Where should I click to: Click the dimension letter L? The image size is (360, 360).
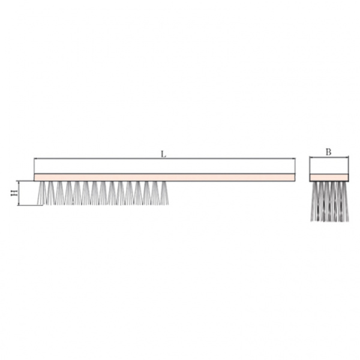point(163,154)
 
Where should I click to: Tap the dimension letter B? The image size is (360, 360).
point(329,152)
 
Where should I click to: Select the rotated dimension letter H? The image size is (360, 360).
point(14,193)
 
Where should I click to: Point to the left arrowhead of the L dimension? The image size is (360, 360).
point(36,158)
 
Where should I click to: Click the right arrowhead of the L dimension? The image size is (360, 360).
point(293,158)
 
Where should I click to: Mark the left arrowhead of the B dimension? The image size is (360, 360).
point(311,157)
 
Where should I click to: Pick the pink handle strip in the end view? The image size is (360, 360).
point(329,177)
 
